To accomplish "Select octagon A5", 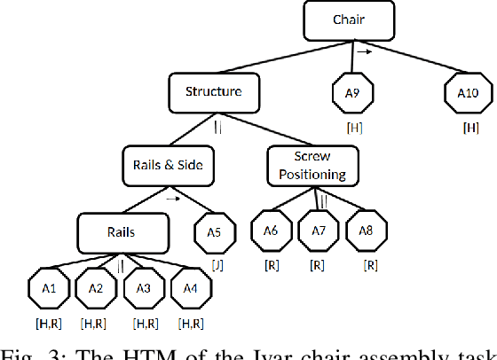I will coord(216,234).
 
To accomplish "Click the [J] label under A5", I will coord(216,267).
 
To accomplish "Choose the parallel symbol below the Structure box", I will coord(216,127).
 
